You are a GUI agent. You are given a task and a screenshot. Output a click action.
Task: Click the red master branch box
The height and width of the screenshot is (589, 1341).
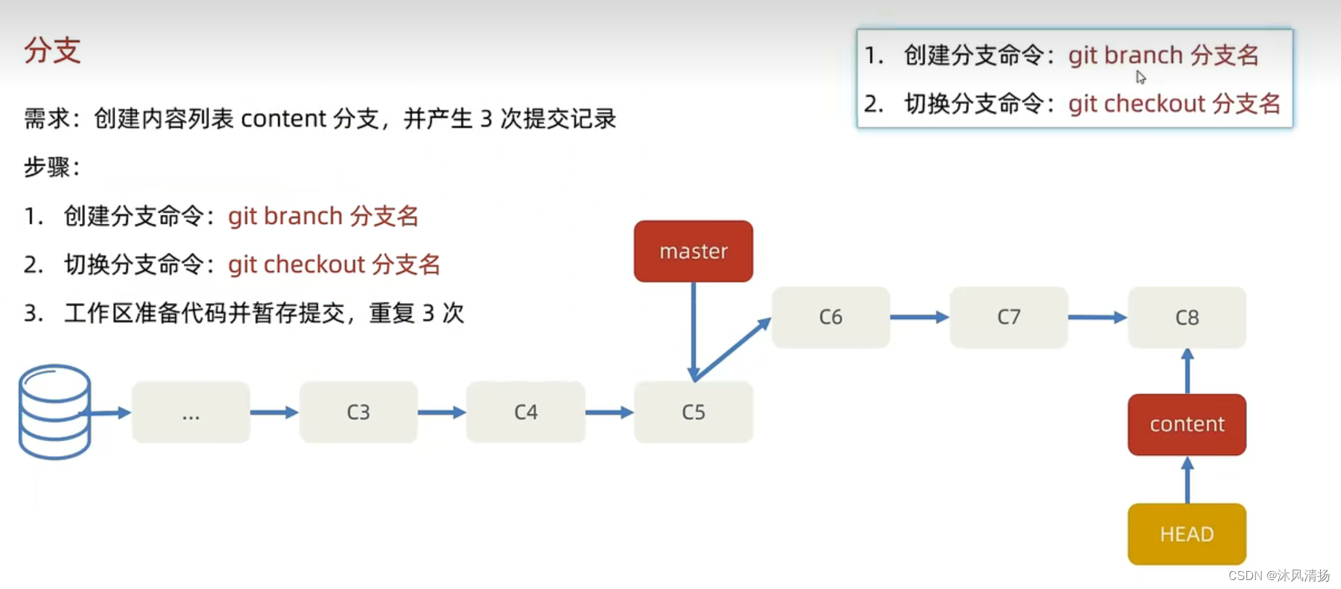pos(693,251)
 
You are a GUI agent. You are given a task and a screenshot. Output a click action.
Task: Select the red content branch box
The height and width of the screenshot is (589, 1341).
pos(1186,424)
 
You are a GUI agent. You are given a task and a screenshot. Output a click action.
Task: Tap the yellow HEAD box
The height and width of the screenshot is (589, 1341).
pos(1186,534)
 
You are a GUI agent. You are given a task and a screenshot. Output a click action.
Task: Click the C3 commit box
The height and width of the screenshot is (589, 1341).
pos(358,413)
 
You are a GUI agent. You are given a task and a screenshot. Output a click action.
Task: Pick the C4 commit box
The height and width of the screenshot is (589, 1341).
pos(525,413)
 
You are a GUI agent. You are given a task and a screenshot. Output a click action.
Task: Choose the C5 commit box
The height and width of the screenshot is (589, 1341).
pos(693,413)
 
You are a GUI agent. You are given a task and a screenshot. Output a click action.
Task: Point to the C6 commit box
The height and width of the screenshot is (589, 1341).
pos(830,317)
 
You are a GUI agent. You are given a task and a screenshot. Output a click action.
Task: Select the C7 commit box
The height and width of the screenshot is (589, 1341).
pos(1008,317)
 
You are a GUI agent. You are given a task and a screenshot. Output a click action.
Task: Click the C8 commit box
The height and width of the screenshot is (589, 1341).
pos(1186,317)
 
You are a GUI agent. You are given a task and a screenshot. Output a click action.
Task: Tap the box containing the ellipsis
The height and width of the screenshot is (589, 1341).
pos(191,413)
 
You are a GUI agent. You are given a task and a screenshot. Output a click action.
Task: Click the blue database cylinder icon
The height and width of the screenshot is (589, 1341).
pos(54,411)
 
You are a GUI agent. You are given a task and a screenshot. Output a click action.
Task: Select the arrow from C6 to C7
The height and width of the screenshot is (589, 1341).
pos(919,317)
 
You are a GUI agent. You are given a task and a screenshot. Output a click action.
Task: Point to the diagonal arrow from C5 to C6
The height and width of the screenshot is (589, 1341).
pos(732,349)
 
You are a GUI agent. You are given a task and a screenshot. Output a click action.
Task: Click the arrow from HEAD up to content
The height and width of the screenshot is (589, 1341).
pos(1187,480)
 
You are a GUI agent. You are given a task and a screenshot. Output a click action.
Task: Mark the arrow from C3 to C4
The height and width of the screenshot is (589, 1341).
pos(442,413)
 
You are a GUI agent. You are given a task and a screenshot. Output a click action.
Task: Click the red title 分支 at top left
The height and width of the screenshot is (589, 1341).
pos(52,51)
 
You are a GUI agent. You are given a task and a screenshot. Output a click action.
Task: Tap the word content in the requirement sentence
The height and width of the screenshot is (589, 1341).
pos(284,119)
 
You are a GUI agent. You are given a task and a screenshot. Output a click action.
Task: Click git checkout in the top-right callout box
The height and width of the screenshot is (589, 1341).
pos(1136,104)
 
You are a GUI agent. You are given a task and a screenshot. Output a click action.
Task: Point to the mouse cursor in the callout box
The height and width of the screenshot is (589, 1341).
pos(1140,77)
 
